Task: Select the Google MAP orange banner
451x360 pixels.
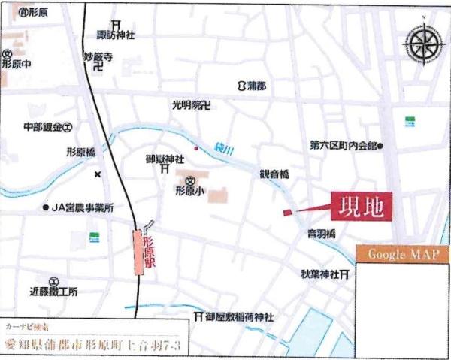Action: click(403, 254)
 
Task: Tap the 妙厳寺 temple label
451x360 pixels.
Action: click(98, 56)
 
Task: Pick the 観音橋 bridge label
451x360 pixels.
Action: click(274, 174)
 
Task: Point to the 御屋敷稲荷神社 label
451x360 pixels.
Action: click(239, 317)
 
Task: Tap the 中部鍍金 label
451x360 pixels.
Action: click(41, 127)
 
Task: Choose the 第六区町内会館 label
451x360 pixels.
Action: click(343, 144)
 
